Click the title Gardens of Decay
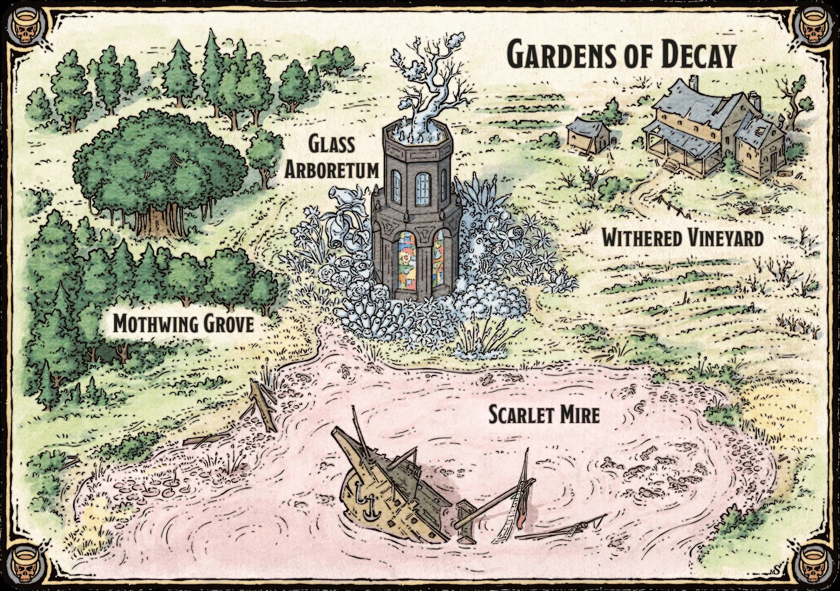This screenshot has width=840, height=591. pos(622,55)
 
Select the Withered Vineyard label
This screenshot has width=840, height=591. pos(682,239)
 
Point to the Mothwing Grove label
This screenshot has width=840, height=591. pos(183,324)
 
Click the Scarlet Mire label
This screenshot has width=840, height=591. pos(544,414)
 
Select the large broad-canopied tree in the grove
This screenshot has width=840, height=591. pos(158,168)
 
